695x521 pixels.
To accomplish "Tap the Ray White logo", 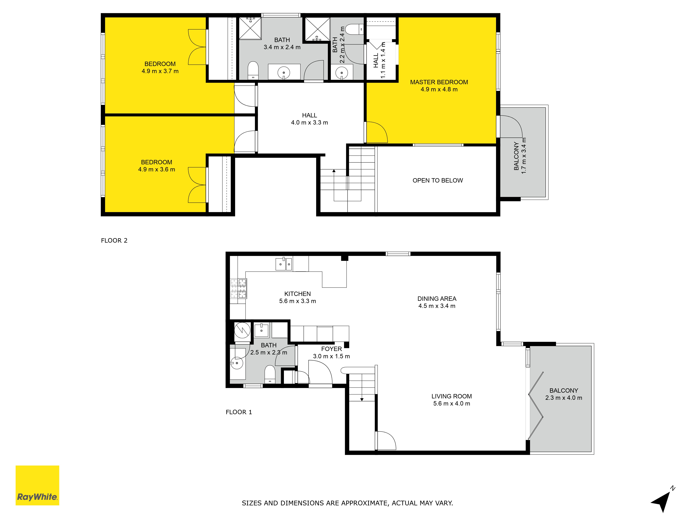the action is pyautogui.click(x=37, y=485).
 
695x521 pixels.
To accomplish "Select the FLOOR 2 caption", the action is pyautogui.click(x=114, y=241).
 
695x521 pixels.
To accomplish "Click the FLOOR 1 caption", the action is pyautogui.click(x=239, y=412).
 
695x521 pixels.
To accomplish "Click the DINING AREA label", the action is pyautogui.click(x=437, y=299).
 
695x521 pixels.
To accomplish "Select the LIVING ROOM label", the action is pyautogui.click(x=452, y=396).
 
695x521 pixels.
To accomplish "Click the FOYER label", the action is pyautogui.click(x=332, y=349).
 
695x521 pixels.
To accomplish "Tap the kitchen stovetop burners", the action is pyautogui.click(x=239, y=288).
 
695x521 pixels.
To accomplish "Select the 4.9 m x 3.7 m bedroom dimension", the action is pyautogui.click(x=160, y=71).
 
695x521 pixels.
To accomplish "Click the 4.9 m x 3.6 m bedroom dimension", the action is pyautogui.click(x=157, y=169).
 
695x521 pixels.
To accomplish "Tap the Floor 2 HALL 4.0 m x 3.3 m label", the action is pyautogui.click(x=309, y=119).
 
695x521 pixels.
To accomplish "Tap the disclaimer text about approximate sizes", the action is pyautogui.click(x=347, y=503).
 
